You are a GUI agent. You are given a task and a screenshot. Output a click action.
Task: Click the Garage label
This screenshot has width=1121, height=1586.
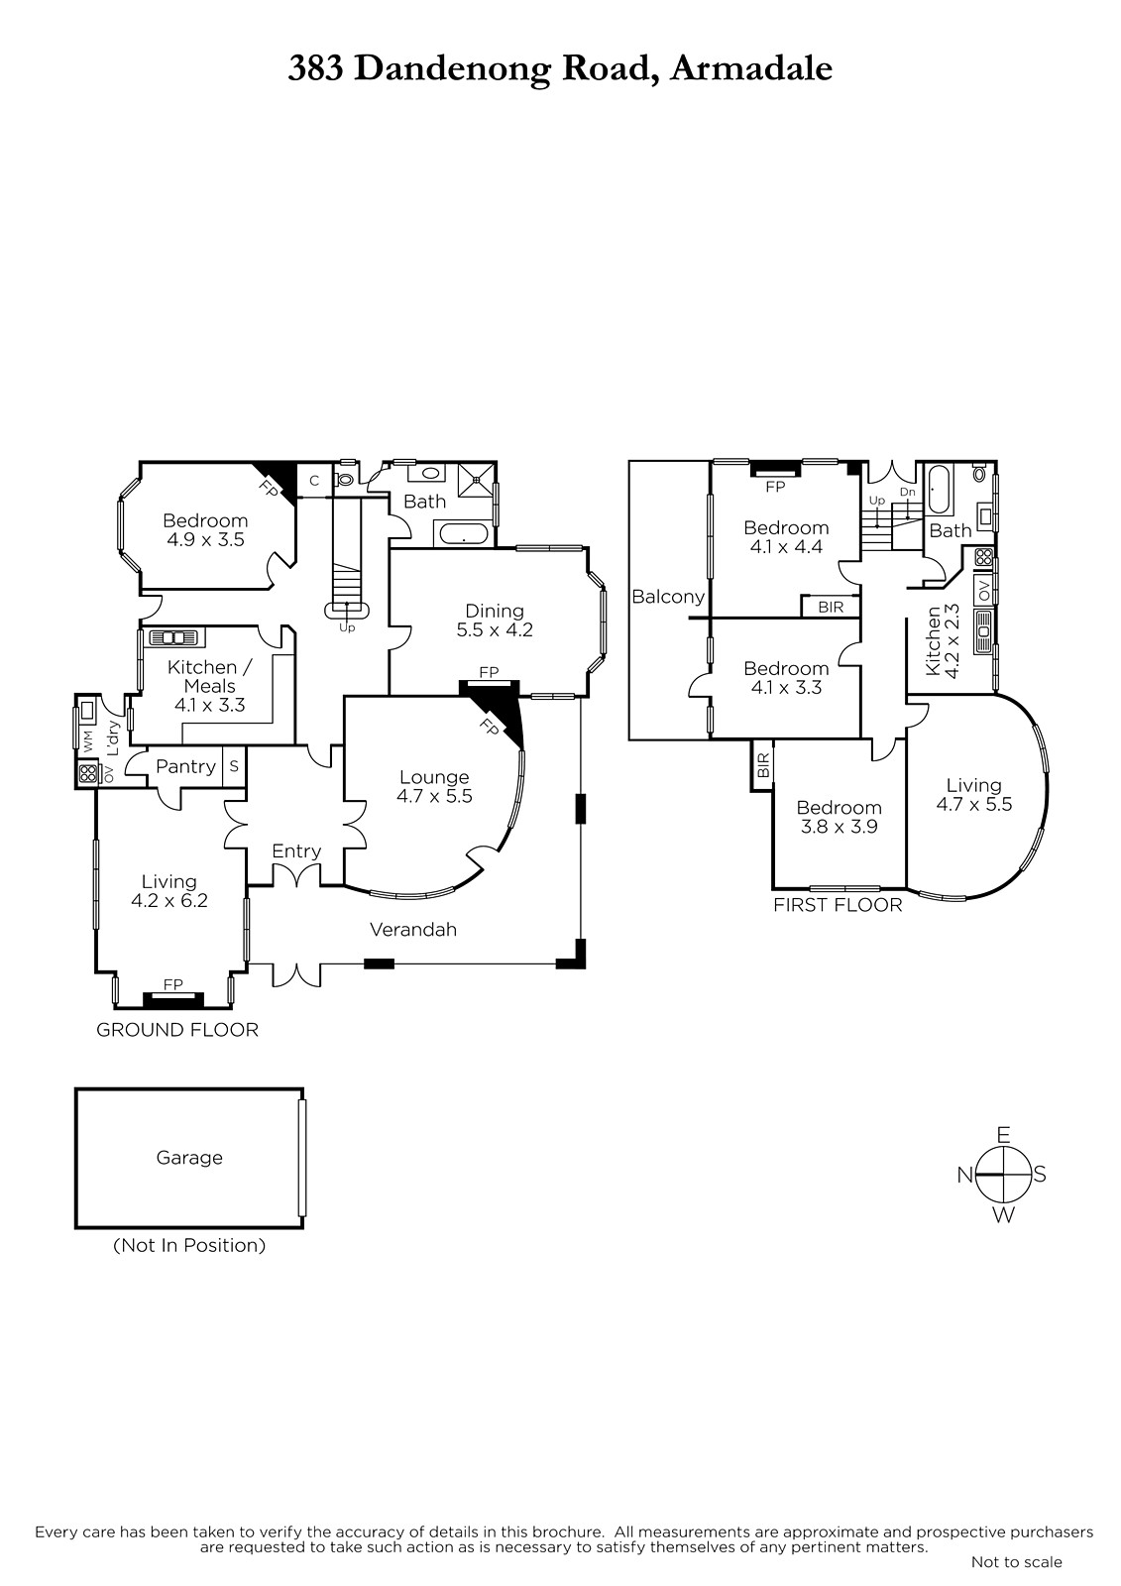tap(189, 1157)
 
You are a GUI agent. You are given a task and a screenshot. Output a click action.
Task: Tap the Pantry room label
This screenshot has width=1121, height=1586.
tap(185, 766)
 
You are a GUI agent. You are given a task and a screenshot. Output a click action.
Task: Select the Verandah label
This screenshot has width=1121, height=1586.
tap(413, 929)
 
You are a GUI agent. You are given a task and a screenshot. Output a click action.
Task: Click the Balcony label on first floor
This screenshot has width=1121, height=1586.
tap(668, 596)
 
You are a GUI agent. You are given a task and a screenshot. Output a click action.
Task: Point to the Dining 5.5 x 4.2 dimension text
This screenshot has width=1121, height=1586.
tap(495, 629)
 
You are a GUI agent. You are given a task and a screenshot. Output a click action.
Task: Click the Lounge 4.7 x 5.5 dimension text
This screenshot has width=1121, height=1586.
tap(434, 796)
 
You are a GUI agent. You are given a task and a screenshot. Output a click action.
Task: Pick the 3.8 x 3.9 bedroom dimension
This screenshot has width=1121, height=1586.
tap(840, 827)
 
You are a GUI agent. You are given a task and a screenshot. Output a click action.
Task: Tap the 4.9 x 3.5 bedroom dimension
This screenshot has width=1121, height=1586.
tap(205, 539)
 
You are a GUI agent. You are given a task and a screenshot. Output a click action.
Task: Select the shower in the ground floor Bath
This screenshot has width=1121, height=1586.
tap(476, 480)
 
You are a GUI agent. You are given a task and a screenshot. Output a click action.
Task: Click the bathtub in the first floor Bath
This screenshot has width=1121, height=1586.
tap(939, 490)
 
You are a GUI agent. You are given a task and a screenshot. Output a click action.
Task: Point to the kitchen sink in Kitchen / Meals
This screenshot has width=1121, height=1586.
tap(174, 637)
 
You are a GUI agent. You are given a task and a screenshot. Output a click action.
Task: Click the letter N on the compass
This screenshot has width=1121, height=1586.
tap(964, 1176)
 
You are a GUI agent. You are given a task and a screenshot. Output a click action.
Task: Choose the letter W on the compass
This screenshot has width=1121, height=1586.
tap(1003, 1215)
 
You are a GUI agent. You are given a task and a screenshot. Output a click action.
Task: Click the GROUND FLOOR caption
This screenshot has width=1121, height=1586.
tap(177, 1030)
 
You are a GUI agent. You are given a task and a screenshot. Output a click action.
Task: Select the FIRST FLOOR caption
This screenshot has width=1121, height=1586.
tap(838, 905)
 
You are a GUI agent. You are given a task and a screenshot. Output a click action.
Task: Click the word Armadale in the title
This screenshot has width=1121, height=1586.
tap(751, 68)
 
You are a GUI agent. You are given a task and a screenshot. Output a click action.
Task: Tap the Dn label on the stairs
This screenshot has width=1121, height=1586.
tap(907, 492)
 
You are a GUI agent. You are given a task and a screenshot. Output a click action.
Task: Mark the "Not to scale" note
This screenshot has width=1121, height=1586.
tap(1016, 1561)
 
